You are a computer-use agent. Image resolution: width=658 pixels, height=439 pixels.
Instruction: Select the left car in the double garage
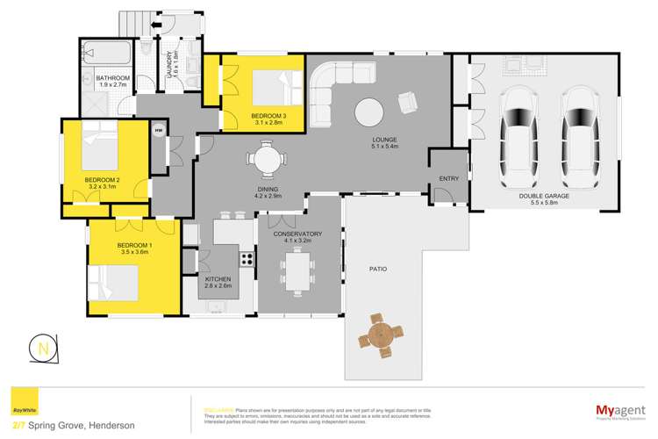[519, 131]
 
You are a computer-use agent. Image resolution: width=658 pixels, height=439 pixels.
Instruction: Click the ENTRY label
[448, 179]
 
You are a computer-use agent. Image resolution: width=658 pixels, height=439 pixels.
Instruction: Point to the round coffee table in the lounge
[369, 112]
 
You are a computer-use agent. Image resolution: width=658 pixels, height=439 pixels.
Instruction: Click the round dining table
[266, 161]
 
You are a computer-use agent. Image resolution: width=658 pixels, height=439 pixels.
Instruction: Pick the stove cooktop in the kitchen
[247, 259]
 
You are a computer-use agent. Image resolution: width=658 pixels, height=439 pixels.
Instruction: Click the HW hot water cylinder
[159, 132]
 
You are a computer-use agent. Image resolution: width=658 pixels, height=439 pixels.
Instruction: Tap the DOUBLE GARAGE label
[544, 197]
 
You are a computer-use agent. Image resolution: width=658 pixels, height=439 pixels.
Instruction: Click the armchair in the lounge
[408, 103]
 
